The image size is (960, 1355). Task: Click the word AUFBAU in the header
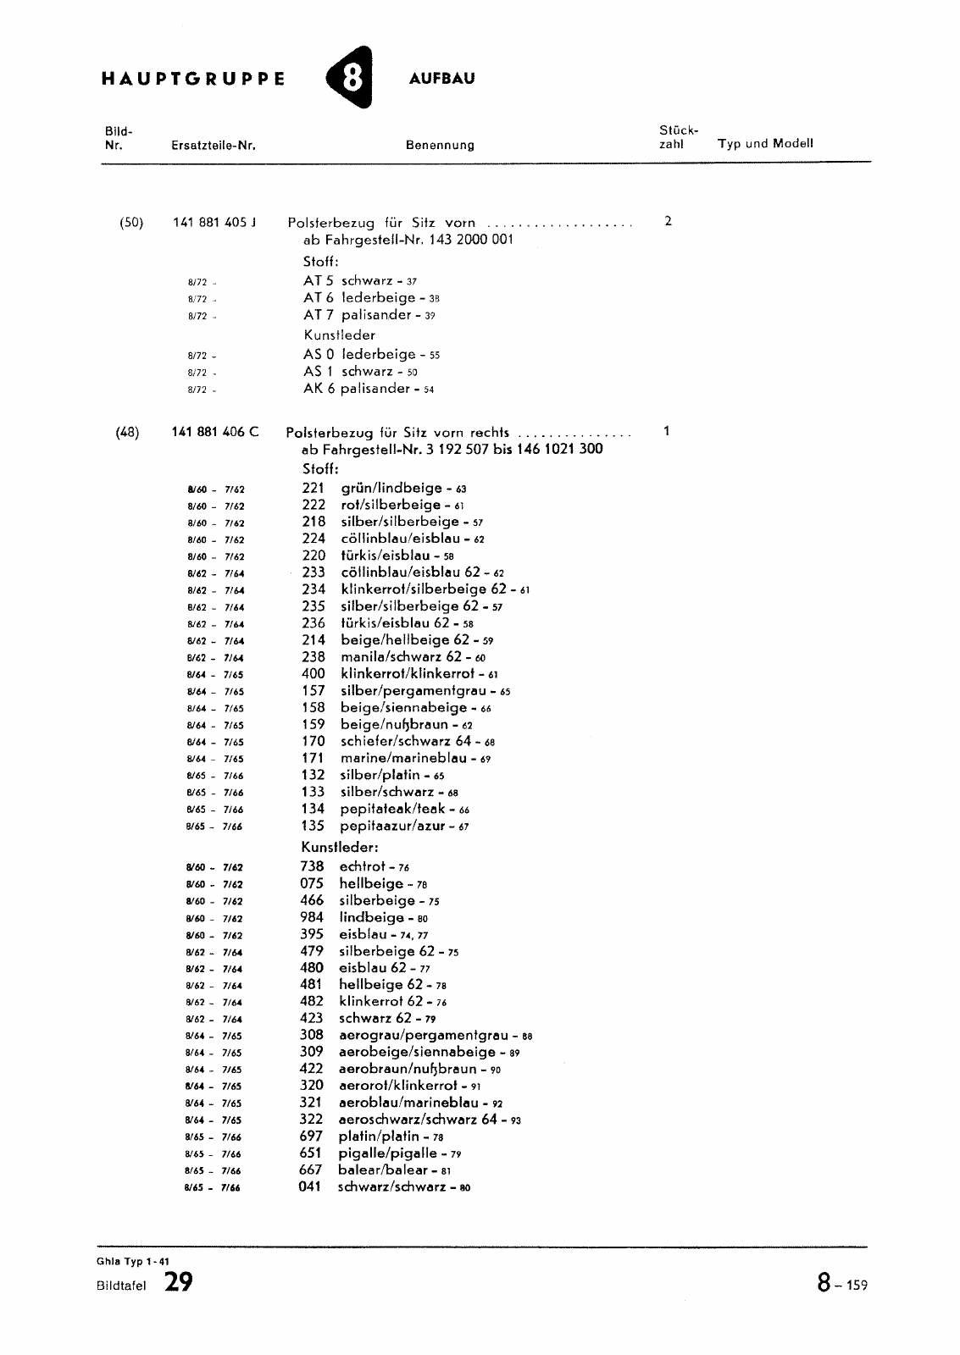[x=441, y=79]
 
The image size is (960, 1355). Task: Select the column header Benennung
[x=440, y=145]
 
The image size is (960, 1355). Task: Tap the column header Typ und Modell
[x=765, y=143]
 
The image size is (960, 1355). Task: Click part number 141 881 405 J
[x=214, y=223]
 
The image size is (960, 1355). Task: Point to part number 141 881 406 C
[x=215, y=432]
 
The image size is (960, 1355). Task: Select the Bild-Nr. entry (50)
[x=131, y=223]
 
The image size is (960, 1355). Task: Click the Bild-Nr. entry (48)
[x=129, y=432]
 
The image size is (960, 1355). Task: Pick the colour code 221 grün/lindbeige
[x=383, y=488]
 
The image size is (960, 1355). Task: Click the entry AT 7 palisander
[x=359, y=315]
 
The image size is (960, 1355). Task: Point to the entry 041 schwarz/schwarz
[x=384, y=1187]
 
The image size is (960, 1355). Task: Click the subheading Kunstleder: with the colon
[x=339, y=847]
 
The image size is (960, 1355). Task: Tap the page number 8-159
[x=842, y=1285]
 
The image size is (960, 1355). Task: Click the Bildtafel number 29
[x=179, y=1283]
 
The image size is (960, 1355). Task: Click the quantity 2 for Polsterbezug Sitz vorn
[x=669, y=222]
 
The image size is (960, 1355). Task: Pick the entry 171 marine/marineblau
[x=396, y=758]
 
